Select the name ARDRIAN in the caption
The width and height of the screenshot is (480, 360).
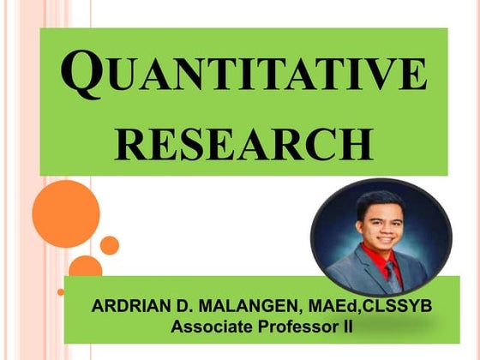click(x=127, y=307)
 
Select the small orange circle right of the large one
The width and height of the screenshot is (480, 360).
click(x=109, y=245)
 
